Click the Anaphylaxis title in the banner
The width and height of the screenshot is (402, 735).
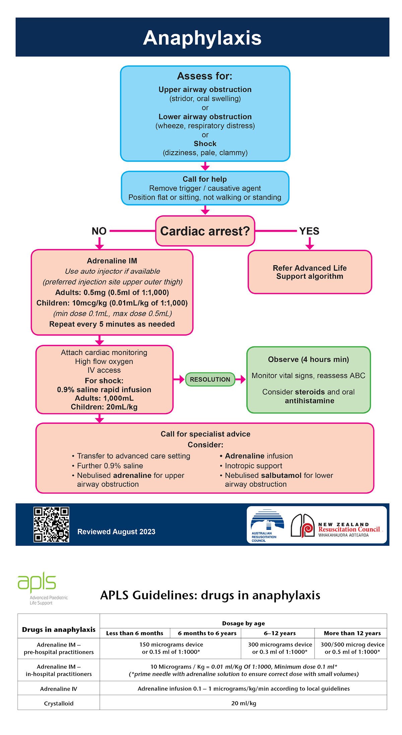pos(202,38)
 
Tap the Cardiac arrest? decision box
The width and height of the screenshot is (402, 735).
pos(205,231)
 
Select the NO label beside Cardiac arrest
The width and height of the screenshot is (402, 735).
pos(99,231)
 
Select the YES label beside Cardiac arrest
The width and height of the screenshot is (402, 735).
pos(309,231)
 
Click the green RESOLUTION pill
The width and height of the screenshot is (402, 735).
pos(210,379)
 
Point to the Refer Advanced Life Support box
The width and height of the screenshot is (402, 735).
pos(310,272)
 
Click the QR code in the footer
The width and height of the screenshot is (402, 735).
pos(51,525)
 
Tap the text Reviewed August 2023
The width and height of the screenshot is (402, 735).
pos(116,532)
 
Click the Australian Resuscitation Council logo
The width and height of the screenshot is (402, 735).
pos(267,525)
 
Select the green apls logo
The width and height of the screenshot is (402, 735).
pos(37,583)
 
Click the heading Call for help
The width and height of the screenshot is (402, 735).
pos(205,179)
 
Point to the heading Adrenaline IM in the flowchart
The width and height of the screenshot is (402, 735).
pos(112,261)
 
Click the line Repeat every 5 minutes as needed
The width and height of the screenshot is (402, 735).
pos(112,324)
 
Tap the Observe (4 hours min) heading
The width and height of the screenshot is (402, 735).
pos(308,359)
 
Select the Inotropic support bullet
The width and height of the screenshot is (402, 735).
pos(253,466)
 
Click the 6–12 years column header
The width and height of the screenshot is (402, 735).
pos(279,633)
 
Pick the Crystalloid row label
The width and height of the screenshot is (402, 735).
pos(59,704)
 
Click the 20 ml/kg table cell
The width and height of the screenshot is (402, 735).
pos(244,703)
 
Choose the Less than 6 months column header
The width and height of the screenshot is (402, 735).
pos(135,633)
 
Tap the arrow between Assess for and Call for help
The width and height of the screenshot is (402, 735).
pos(205,166)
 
